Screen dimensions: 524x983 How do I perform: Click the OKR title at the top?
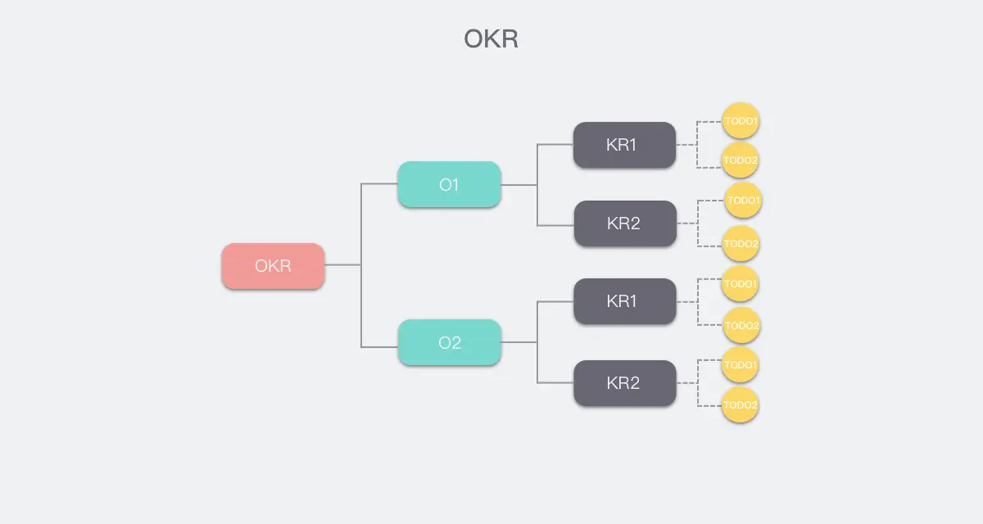[491, 38]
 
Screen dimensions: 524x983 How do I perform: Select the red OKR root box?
[273, 265]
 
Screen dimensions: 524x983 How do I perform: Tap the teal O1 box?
[449, 184]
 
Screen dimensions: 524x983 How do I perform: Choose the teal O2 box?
[449, 342]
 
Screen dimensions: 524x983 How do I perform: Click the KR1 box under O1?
[624, 145]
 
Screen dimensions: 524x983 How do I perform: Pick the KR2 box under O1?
[624, 224]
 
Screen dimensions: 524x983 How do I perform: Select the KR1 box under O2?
[624, 300]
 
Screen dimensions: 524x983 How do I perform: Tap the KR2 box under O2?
[624, 382]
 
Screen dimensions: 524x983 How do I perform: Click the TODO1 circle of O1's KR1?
[741, 122]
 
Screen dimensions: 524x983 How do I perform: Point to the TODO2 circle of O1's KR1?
[741, 160]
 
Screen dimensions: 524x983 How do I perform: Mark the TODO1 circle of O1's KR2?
[744, 201]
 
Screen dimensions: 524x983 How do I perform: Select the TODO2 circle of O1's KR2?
[741, 243]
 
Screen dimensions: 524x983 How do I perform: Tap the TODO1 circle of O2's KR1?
[741, 284]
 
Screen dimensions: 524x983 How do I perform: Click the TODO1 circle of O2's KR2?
[741, 364]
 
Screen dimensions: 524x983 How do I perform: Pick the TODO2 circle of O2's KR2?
[741, 404]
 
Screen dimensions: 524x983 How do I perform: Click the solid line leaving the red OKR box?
[342, 265]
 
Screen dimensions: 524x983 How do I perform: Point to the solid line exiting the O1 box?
[519, 185]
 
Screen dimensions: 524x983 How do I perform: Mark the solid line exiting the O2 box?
[519, 342]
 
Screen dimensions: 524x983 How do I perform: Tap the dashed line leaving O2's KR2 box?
[686, 382]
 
